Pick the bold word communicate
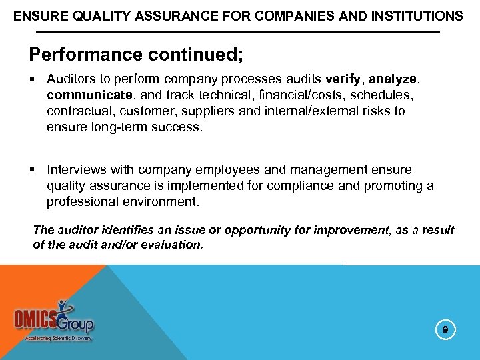point(84,95)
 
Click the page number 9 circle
point(446,329)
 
